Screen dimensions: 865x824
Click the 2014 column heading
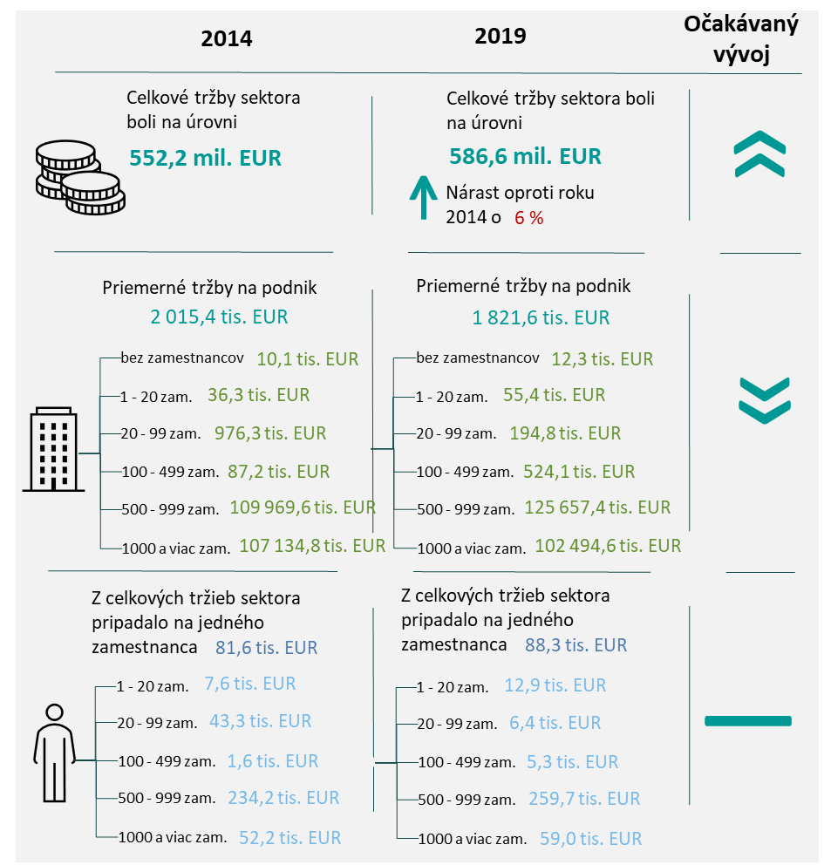pos(226,38)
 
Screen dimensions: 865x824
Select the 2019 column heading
pos(501,36)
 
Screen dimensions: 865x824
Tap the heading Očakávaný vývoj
pos(741,39)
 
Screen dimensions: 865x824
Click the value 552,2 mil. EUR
pos(206,158)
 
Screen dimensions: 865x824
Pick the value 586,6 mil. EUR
pos(525,156)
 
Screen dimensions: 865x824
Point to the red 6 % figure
pos(528,218)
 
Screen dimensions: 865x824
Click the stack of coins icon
pos(77,177)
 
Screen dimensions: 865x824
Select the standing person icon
pos(54,752)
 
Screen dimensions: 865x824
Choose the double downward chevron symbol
pos(764,401)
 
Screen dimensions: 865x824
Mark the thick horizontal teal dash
pos(747,720)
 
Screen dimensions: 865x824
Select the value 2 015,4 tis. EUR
pos(219,317)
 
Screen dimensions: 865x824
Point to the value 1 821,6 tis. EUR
pos(541,317)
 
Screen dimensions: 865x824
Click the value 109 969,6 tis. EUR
pos(303,507)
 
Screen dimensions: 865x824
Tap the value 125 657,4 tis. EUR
pos(597,507)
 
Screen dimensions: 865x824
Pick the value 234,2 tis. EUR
pos(283,797)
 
